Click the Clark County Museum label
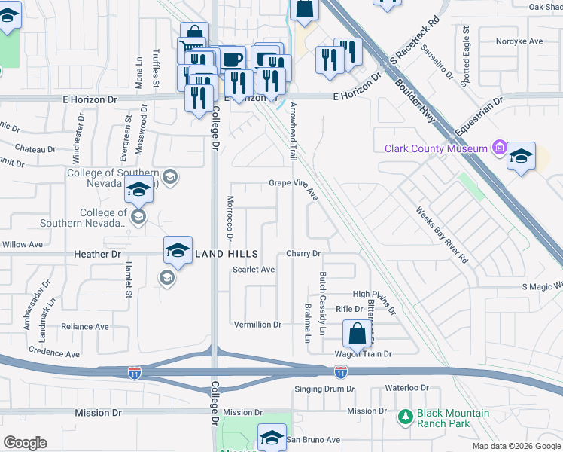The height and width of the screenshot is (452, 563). point(436,148)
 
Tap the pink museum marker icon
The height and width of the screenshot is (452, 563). point(498,148)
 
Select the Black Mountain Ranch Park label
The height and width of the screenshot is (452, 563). point(443,418)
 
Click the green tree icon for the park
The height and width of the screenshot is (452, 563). point(406,416)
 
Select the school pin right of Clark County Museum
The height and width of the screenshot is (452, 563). point(521,156)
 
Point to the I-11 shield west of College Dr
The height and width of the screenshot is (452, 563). point(133,373)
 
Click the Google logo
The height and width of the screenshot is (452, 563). point(25,443)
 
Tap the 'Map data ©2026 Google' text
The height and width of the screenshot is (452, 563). point(516,446)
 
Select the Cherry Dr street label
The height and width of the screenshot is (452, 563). point(303,254)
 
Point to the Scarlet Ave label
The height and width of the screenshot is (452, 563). point(254,269)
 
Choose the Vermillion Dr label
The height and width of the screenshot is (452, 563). point(257,325)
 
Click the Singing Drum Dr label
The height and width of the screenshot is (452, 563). point(324,389)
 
